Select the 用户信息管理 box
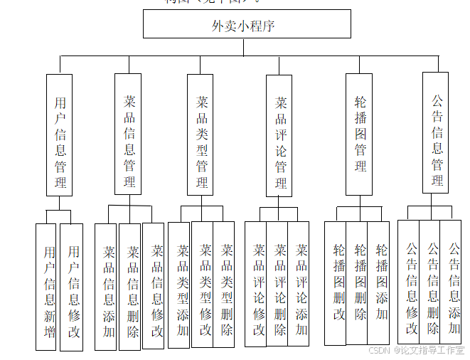pos(59,135)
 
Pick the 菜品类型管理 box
pos(201,134)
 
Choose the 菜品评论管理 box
pos(279,135)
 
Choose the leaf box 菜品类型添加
pos(179,285)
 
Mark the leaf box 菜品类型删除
pos(224,285)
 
